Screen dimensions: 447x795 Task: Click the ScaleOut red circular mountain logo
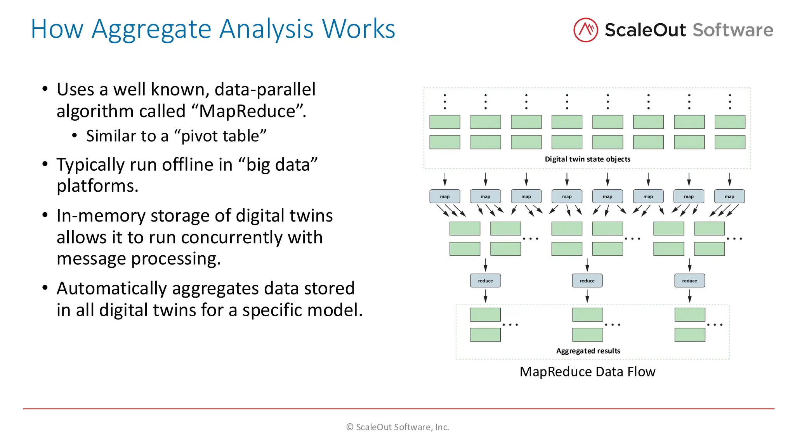(585, 30)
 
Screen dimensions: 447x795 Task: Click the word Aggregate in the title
(151, 29)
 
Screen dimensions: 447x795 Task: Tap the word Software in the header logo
(733, 30)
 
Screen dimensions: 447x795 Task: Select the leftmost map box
(444, 196)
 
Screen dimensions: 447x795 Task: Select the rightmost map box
(729, 196)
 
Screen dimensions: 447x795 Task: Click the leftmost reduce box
(485, 281)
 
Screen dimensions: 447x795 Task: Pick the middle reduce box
(587, 281)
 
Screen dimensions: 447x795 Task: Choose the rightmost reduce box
(689, 281)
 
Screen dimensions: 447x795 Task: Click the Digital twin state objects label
(587, 159)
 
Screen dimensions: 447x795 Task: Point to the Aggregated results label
(588, 351)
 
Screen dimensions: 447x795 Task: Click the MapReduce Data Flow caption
(587, 372)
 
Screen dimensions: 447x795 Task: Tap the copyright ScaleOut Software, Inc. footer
(397, 427)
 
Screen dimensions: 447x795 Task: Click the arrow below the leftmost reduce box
(485, 296)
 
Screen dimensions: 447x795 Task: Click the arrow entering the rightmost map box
(729, 179)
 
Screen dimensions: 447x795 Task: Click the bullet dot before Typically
(45, 164)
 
